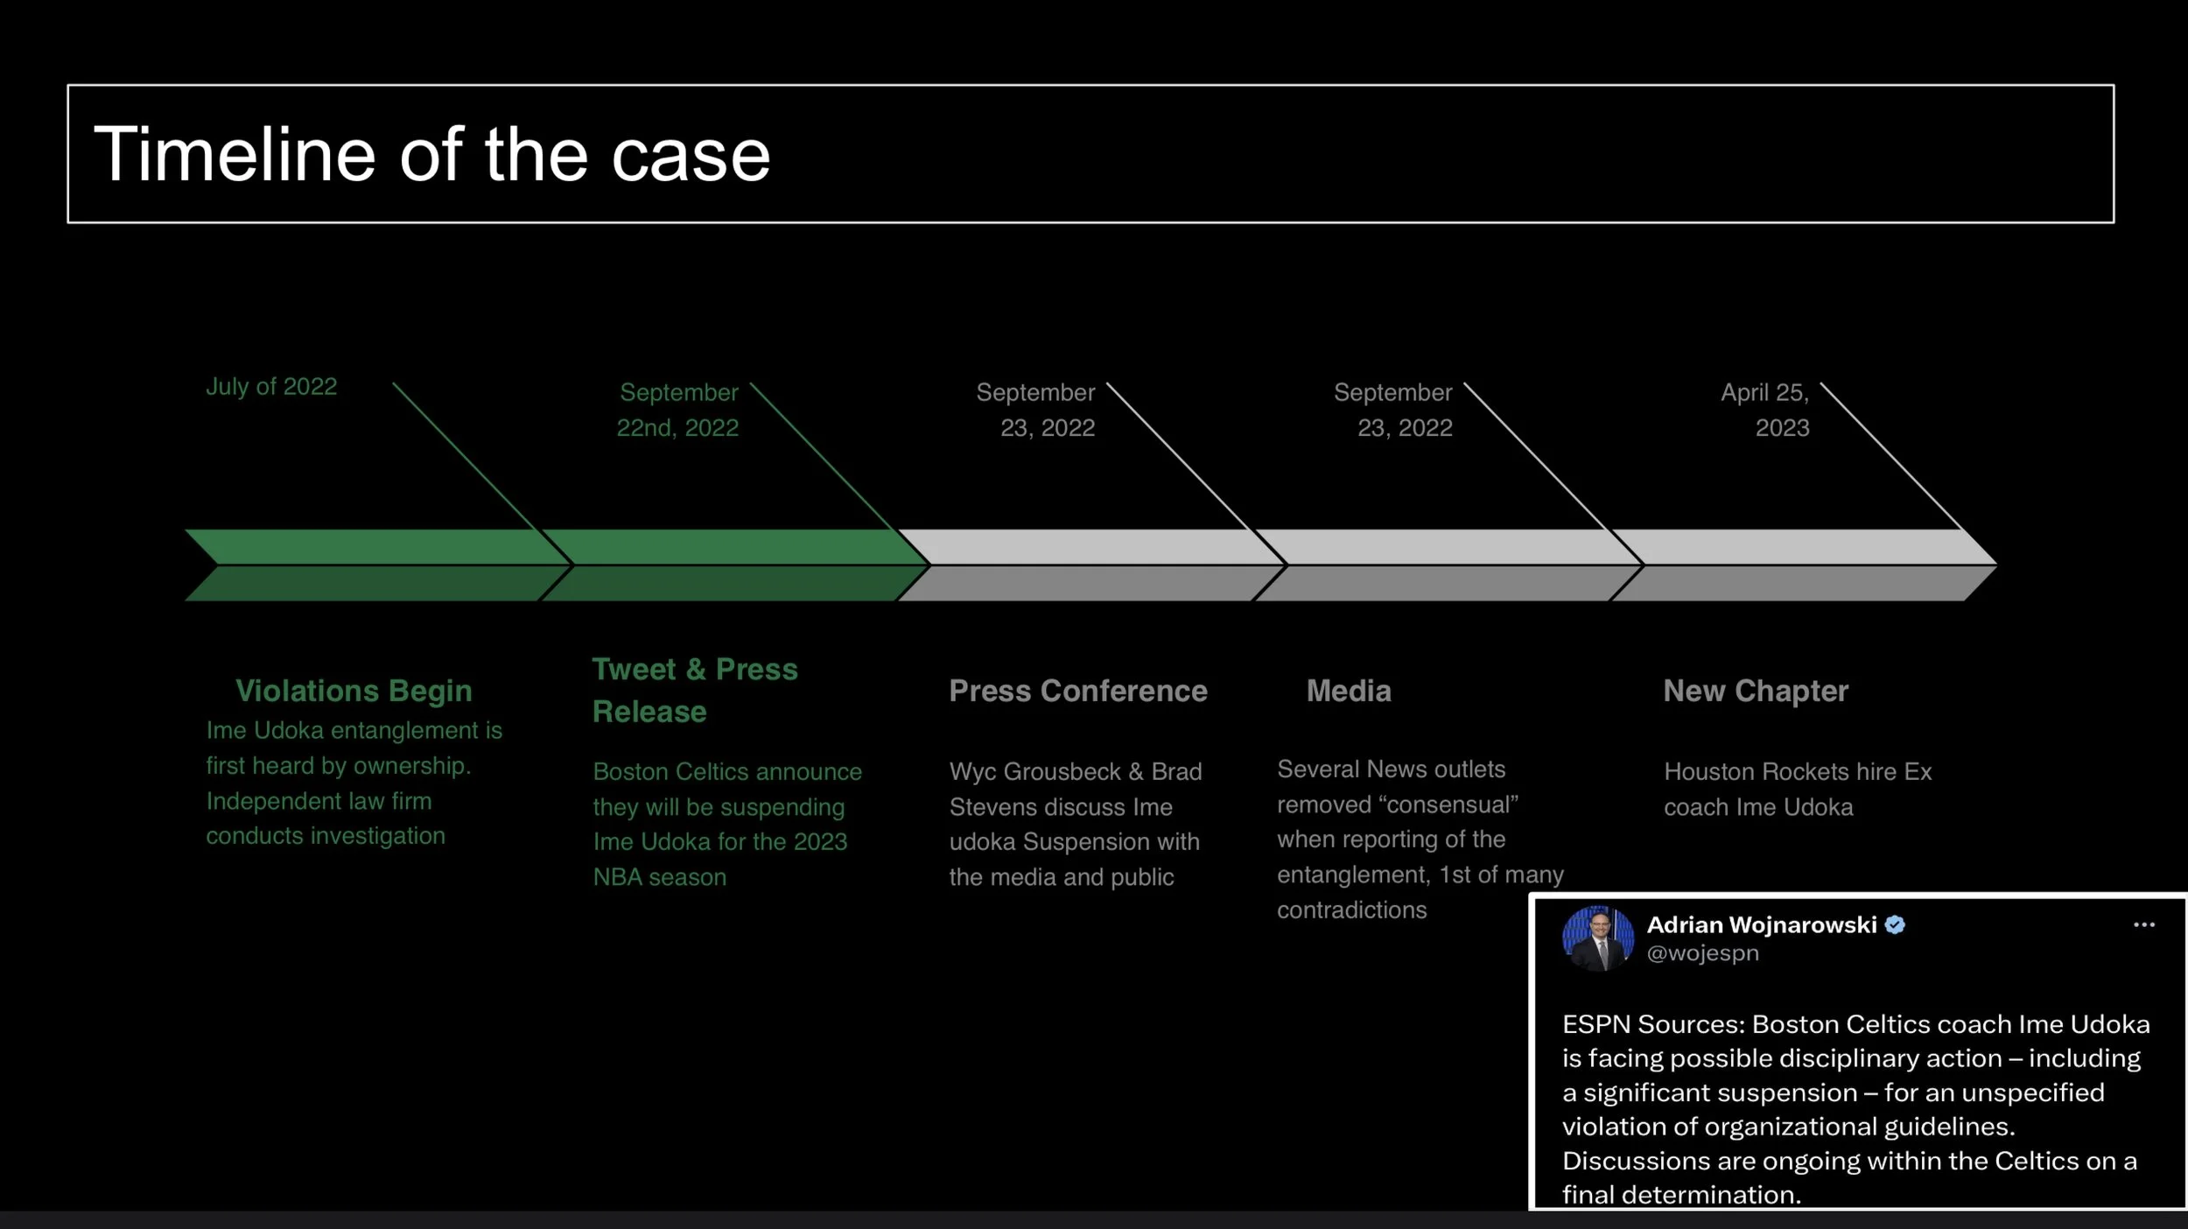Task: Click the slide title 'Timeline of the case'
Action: [x=431, y=155]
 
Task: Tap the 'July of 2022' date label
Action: [x=271, y=387]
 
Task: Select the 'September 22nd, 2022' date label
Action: [x=678, y=410]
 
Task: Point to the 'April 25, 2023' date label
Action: [x=1765, y=410]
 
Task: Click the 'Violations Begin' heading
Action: [x=354, y=691]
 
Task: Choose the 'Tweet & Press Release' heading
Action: [x=694, y=690]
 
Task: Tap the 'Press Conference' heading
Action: [x=1078, y=691]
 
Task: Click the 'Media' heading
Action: [x=1349, y=691]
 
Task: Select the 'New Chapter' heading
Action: [x=1756, y=691]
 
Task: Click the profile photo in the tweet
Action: [x=1597, y=938]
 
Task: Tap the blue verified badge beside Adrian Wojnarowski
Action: [x=1895, y=925]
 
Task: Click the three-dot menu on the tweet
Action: [x=2144, y=925]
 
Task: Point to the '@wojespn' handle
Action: [x=1702, y=953]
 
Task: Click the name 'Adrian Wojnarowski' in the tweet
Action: [x=1761, y=925]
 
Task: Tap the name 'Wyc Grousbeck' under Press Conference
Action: [x=1034, y=771]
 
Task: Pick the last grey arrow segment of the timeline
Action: [x=1803, y=565]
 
